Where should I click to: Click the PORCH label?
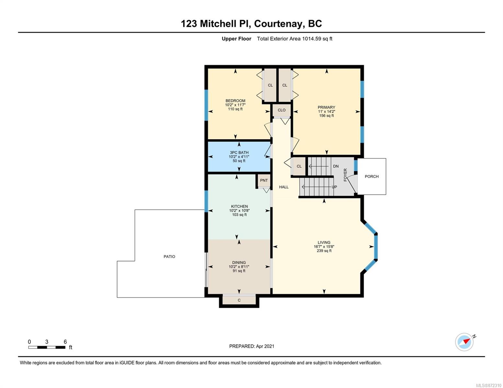click(x=372, y=177)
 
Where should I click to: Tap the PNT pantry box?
click(x=264, y=180)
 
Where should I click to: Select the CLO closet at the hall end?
click(x=281, y=110)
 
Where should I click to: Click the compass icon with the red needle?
click(x=464, y=342)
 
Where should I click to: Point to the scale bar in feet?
click(x=47, y=347)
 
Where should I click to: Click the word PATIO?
click(x=169, y=256)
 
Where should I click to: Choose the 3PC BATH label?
click(x=239, y=153)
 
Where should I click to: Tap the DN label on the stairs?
click(x=336, y=166)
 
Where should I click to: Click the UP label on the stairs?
click(x=334, y=187)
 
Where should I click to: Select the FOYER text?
click(x=345, y=175)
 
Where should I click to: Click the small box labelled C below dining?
click(x=239, y=300)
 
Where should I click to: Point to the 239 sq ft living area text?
click(x=324, y=251)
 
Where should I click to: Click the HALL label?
click(x=283, y=187)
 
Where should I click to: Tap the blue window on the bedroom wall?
click(x=206, y=105)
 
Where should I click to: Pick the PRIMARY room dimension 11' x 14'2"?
click(x=326, y=111)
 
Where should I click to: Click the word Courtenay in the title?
click(x=279, y=24)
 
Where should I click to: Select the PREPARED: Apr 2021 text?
click(x=252, y=346)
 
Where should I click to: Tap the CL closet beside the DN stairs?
click(x=299, y=166)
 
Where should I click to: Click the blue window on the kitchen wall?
click(x=206, y=201)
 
